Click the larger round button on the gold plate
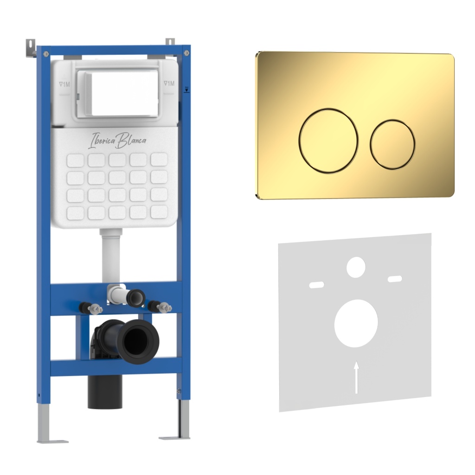[328, 141]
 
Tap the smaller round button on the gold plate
[392, 144]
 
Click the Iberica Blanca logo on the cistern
[117, 140]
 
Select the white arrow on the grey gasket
[357, 377]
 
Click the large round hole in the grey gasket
[356, 323]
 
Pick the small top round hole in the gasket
[356, 267]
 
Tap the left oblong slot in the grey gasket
[316, 285]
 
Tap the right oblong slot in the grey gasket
[395, 279]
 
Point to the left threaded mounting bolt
[91, 308]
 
